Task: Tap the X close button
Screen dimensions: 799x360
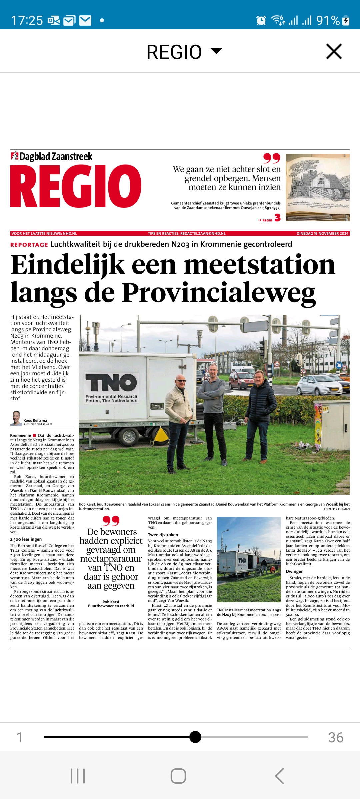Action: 334,51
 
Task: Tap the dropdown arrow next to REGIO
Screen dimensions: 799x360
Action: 216,51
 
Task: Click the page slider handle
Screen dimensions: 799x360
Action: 195,737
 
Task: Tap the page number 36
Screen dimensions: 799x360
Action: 336,738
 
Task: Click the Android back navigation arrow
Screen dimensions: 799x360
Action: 279,776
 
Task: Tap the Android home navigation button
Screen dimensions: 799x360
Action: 178,776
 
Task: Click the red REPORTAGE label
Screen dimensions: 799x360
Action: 29,245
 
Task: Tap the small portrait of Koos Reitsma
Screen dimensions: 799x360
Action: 16,418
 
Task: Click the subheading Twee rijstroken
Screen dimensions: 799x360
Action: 163,535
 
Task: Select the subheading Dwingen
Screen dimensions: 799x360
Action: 295,571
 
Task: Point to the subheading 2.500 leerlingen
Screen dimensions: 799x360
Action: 26,539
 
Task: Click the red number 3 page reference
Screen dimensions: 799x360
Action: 277,218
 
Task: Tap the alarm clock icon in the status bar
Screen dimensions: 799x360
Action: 261,21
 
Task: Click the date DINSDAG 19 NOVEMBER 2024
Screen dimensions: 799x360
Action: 322,234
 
